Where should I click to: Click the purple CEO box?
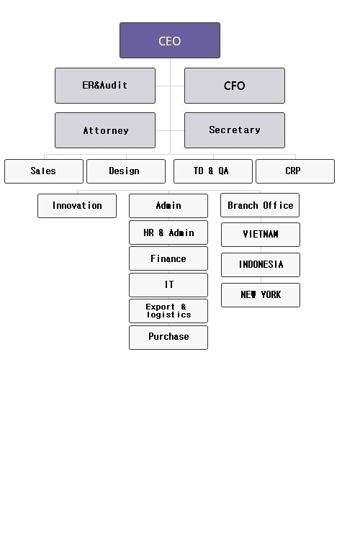[x=170, y=40]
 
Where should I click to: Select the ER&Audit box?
[x=105, y=86]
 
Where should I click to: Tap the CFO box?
[x=235, y=86]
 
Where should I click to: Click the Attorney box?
[x=105, y=130]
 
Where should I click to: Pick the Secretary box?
[x=235, y=130]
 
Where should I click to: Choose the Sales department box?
[x=44, y=171]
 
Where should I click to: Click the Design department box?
[x=126, y=171]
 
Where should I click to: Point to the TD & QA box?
[x=213, y=171]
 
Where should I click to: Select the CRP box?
[x=295, y=171]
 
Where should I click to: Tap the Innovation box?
[x=77, y=206]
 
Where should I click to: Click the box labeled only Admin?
[x=168, y=206]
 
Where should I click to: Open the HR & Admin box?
[x=168, y=232]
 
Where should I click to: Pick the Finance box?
[x=168, y=258]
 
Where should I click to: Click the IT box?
[x=168, y=285]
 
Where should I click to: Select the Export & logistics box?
[x=168, y=311]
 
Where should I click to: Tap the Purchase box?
[x=168, y=338]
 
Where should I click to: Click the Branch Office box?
[x=260, y=205]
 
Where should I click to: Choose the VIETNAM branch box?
[x=261, y=235]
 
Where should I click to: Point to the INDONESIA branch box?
[x=261, y=265]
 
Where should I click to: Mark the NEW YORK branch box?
[x=261, y=295]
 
